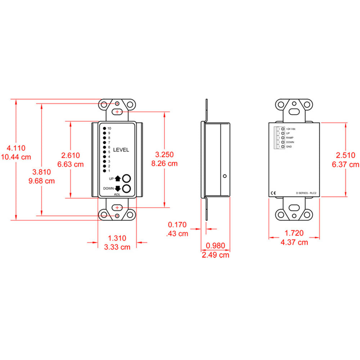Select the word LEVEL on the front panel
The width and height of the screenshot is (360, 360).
point(121,150)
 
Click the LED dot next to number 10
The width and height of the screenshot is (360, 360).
point(104,129)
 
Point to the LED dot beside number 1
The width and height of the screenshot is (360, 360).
point(104,171)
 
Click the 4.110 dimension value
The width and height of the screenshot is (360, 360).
point(16,148)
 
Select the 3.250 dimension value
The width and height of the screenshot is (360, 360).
point(165,154)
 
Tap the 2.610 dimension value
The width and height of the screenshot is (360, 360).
point(71,156)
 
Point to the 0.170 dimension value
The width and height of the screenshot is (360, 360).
point(177,225)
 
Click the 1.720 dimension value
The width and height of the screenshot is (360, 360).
point(294,233)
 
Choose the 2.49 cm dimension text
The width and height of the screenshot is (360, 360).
point(216,255)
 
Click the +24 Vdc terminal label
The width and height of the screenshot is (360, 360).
point(291,129)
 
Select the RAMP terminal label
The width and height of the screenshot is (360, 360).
point(290,138)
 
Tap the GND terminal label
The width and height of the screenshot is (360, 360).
point(289,147)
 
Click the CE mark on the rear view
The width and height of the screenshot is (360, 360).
point(273,193)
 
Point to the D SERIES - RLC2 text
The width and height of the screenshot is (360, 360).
point(306,193)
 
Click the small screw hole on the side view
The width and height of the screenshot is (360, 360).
point(225,176)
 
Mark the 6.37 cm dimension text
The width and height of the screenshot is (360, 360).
point(346,165)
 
